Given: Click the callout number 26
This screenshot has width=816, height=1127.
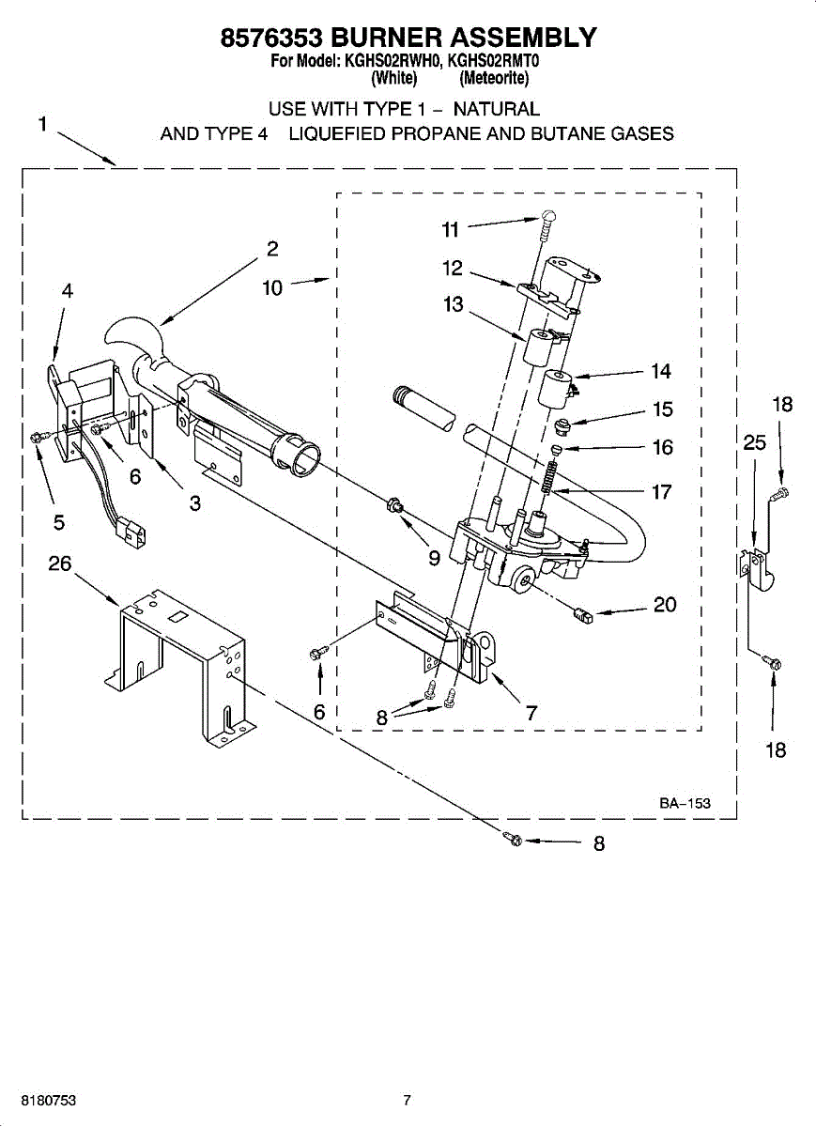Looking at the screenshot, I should [60, 563].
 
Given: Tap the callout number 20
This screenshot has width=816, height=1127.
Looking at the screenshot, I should [665, 605].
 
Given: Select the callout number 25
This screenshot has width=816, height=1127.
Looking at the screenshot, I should [755, 443].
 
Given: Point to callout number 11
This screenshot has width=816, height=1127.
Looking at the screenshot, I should [452, 229].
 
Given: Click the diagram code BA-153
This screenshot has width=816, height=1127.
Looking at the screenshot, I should [684, 803].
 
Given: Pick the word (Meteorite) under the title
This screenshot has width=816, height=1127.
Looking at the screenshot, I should [495, 77].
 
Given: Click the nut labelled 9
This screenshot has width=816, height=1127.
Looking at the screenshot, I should [395, 508].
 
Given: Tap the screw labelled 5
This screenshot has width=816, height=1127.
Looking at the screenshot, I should [38, 436].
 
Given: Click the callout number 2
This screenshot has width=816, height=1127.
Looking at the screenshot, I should [271, 249].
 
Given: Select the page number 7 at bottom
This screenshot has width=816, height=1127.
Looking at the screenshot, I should [407, 1100].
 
